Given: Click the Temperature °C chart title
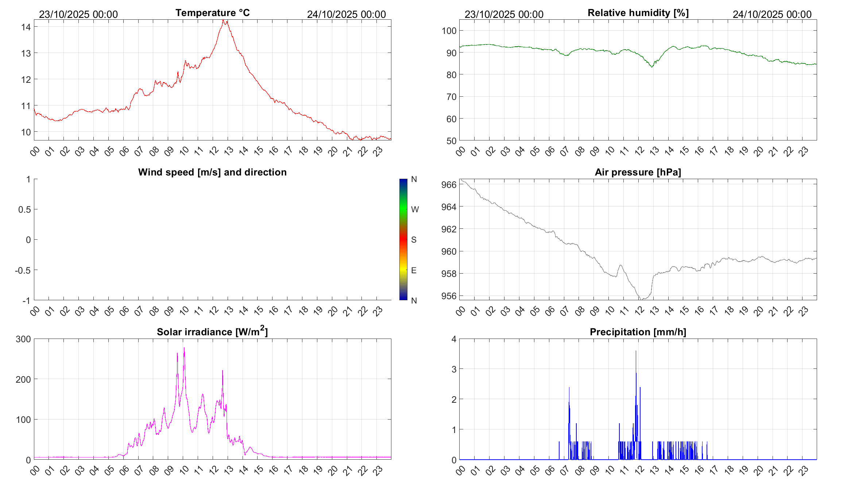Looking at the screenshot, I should [212, 13].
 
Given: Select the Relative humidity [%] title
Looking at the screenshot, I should [638, 13].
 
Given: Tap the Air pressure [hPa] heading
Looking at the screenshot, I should [638, 172].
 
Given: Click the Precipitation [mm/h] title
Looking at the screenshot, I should [638, 332].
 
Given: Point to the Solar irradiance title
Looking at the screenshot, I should [212, 332].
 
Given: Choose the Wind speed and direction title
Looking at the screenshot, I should [212, 172].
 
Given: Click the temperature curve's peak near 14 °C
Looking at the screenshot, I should [223, 21].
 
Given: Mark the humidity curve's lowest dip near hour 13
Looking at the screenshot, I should [652, 67].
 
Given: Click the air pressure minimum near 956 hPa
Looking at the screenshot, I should [641, 300].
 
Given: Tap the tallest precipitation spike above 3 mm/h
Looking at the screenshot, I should [636, 351].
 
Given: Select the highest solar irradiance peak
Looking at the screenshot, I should [184, 348].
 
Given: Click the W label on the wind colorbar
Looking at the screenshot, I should [415, 209].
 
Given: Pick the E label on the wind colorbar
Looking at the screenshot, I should [414, 270].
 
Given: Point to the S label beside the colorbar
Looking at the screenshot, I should [414, 240].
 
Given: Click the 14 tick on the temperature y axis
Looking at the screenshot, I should [26, 27].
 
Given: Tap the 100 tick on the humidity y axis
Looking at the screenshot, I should [449, 31].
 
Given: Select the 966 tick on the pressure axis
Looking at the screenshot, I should [449, 185].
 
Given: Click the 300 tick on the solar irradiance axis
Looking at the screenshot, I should [23, 339].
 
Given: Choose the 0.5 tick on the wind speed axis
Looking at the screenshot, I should [24, 209].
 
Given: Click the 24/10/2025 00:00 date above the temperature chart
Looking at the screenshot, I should [346, 14].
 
